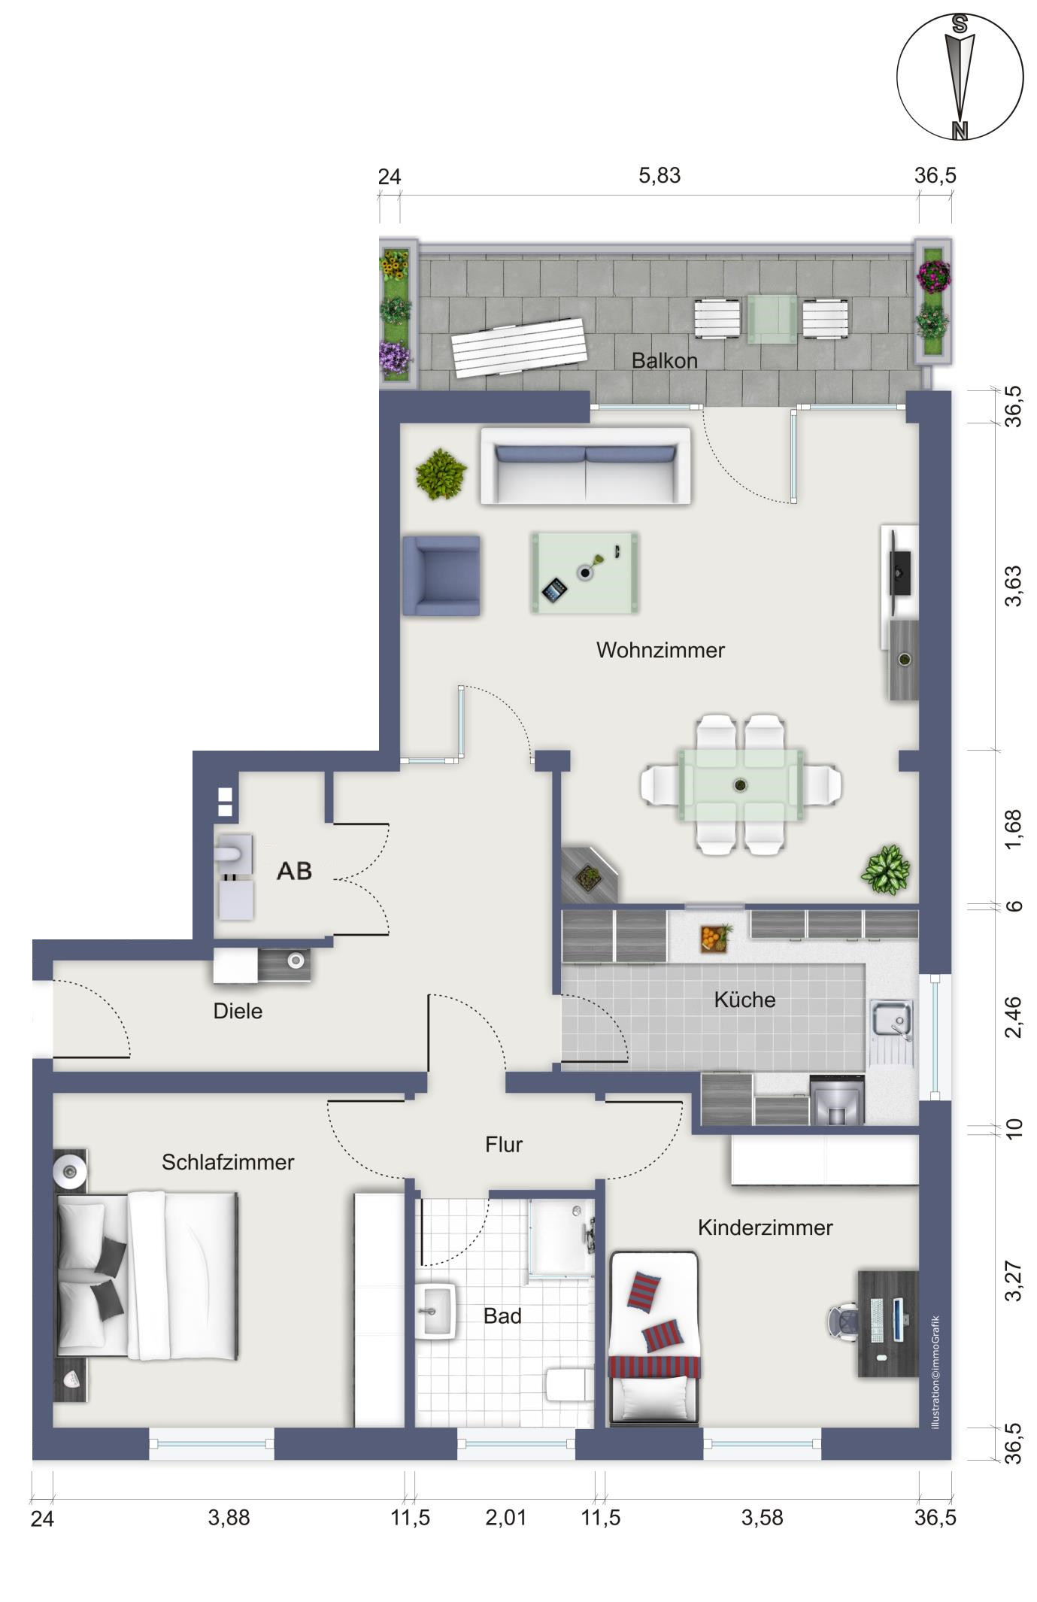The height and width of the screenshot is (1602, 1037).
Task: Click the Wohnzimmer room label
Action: (x=660, y=650)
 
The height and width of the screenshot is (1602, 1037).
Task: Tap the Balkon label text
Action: (x=664, y=360)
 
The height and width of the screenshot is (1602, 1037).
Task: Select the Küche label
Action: (x=744, y=1000)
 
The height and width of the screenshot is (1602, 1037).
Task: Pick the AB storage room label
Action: (x=294, y=870)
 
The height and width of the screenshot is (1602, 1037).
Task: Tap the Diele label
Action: (x=238, y=1011)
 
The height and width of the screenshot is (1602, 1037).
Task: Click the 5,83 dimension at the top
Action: (x=659, y=175)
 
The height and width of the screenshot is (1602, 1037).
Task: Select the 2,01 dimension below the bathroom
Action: (x=506, y=1518)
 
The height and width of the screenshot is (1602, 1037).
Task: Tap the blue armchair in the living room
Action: (x=441, y=575)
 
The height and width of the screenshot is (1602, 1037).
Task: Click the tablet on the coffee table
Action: (x=554, y=589)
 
